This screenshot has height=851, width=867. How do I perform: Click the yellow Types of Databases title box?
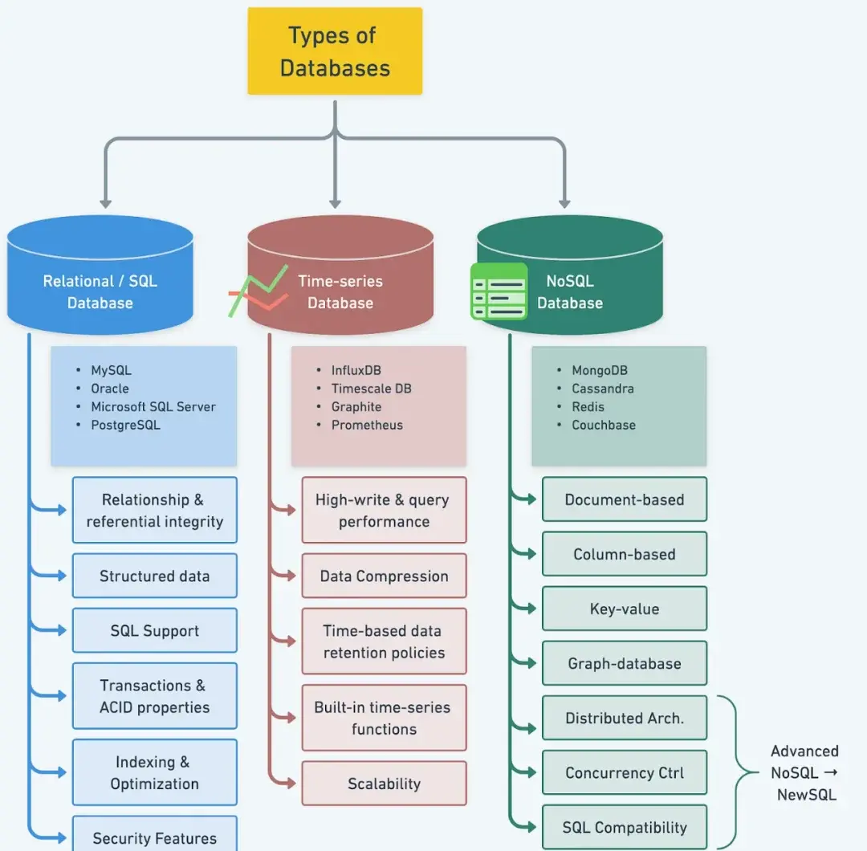coord(335,51)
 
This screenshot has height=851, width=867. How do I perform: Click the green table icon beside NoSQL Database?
coord(499,291)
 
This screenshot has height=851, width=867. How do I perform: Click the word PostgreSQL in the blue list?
coord(125,425)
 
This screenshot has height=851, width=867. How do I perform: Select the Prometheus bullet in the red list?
coord(367,425)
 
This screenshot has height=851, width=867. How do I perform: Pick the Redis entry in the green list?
coord(588,407)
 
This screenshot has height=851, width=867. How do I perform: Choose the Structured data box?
coord(155,576)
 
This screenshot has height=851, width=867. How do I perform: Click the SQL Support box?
coord(155,630)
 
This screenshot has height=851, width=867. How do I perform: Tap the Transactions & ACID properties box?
coord(155,696)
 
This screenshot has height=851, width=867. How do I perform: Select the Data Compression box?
coord(384,576)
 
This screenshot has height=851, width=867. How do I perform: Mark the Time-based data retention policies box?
coord(384,641)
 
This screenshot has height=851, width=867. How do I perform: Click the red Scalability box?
coord(384,784)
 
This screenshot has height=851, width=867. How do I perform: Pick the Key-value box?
coord(625,609)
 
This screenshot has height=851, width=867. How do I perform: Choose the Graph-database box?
coord(625,663)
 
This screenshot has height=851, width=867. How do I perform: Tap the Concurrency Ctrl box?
coord(625,772)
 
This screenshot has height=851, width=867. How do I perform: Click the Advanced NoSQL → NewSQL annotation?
coord(804,773)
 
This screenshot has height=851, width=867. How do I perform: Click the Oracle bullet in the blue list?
coord(109,389)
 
